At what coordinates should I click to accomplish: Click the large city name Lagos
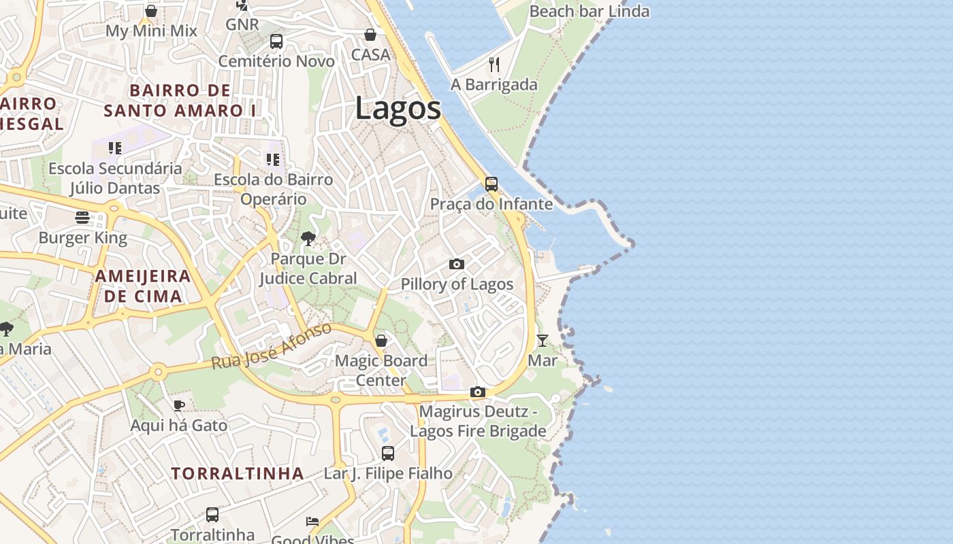point(398,109)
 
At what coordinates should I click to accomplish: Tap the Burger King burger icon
point(82,218)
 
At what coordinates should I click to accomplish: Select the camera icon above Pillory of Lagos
point(457,264)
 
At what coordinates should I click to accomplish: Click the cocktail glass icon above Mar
point(543,340)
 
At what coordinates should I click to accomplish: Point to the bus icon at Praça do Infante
point(491,184)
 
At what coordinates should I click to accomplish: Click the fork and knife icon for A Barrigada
point(494,65)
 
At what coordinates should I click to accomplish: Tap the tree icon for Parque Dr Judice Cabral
point(308,238)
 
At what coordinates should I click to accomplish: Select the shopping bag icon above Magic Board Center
point(381,340)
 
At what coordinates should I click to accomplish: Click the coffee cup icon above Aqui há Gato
point(178,405)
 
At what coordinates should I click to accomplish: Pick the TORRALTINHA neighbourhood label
point(237,473)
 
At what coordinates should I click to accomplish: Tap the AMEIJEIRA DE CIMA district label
point(143,286)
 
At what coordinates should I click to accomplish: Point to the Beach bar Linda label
point(589,12)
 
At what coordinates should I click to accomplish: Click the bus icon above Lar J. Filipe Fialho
point(387,453)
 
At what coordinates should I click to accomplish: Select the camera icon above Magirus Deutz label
point(478,392)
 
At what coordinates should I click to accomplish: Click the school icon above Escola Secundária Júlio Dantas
point(115,148)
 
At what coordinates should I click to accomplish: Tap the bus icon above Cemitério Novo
point(276,41)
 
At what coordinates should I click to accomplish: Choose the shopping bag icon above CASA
point(370,34)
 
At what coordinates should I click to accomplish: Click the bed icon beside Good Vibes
point(312,522)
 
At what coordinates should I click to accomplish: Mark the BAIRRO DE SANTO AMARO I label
point(180,100)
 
